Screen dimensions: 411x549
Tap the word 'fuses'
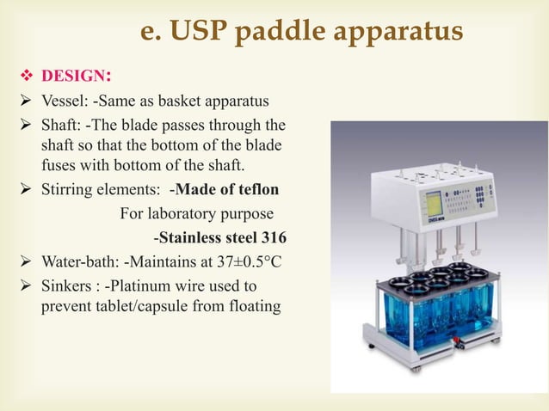(x=60, y=163)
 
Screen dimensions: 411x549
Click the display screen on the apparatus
(x=434, y=204)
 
